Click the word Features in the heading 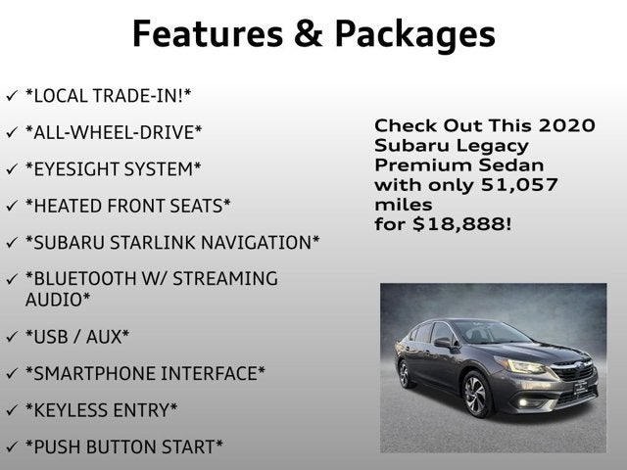coord(208,33)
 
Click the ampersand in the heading coord(309,33)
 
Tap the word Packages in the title coord(415,36)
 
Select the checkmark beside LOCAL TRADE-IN coord(12,96)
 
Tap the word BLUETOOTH coord(80,278)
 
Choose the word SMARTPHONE coord(90,373)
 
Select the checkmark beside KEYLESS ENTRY coord(12,409)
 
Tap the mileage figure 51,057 coord(519,185)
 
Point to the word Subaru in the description coord(411,146)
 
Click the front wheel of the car coord(476,395)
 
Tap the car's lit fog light coord(524,402)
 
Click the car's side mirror coord(443,343)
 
